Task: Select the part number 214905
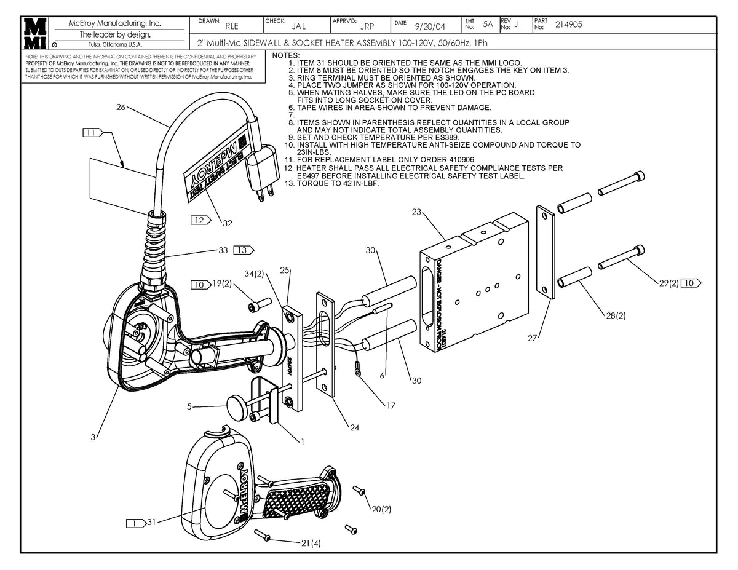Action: point(568,25)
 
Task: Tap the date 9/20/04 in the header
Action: point(430,26)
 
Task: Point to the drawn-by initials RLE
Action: point(232,26)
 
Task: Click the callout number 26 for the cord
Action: point(121,108)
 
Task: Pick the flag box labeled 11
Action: point(93,132)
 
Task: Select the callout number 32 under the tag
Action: point(228,223)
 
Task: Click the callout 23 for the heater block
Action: point(416,212)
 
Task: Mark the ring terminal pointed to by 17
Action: point(357,370)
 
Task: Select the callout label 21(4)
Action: point(311,543)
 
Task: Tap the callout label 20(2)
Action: point(381,509)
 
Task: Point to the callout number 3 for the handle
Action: point(93,437)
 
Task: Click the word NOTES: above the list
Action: point(285,56)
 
